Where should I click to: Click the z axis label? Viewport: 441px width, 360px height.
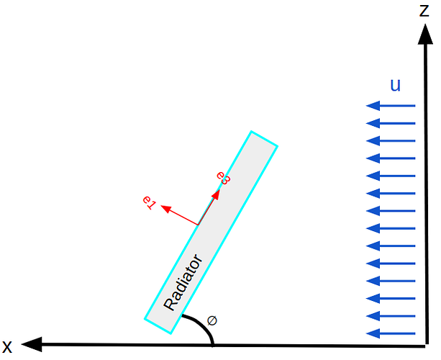[x=424, y=11]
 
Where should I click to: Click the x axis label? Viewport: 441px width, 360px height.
[x=7, y=347]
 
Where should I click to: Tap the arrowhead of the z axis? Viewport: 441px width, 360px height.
[x=425, y=34]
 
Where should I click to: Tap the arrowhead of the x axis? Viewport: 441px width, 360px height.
[x=32, y=344]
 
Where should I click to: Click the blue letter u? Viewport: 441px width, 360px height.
[x=395, y=85]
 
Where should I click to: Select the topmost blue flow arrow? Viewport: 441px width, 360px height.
[x=391, y=106]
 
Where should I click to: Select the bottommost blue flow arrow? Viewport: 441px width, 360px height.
[x=391, y=333]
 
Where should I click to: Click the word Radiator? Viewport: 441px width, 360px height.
[x=183, y=282]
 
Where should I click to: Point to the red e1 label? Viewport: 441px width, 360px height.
[x=149, y=202]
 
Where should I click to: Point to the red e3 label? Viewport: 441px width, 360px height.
[x=224, y=178]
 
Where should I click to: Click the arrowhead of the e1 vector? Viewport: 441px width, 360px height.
[x=165, y=209]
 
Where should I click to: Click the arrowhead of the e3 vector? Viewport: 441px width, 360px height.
[x=216, y=194]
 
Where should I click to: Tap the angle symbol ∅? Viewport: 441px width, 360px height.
[x=212, y=320]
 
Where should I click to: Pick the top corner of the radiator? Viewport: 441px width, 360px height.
[x=251, y=131]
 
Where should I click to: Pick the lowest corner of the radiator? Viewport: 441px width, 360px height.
[x=171, y=334]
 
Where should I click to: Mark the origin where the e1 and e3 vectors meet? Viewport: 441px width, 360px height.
[x=198, y=225]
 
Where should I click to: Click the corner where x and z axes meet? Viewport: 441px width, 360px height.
[x=427, y=346]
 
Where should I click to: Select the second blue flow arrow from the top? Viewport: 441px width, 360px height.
[x=391, y=123]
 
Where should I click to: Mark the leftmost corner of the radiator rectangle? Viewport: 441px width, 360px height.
[x=145, y=319]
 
